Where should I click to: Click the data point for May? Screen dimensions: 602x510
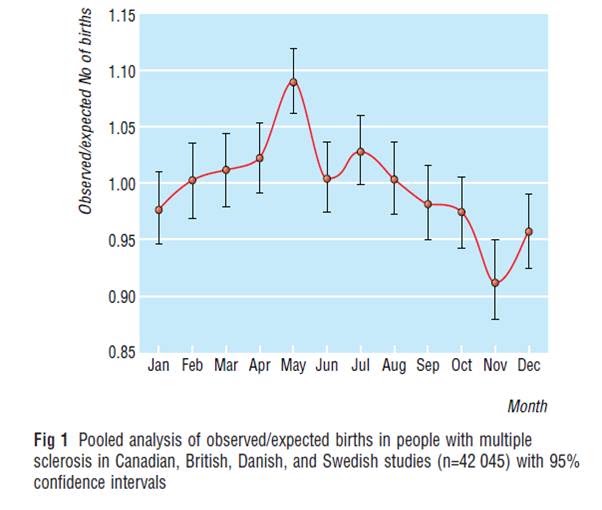293,82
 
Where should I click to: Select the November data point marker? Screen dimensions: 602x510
495,283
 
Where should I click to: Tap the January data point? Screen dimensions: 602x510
159,210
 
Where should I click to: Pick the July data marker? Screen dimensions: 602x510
361,152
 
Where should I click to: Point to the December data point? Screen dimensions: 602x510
529,232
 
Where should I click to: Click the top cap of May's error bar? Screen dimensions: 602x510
293,49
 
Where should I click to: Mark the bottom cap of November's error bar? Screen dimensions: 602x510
495,319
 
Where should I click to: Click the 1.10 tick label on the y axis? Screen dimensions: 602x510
122,71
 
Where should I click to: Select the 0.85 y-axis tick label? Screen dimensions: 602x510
122,352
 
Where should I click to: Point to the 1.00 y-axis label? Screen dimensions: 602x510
122,184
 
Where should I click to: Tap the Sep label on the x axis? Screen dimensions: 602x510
428,366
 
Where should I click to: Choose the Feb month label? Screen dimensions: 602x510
192,365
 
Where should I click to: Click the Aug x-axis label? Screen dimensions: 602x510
394,366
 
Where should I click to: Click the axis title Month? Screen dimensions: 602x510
527,406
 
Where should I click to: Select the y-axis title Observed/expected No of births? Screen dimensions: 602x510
86,111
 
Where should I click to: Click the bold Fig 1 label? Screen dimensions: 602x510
51,440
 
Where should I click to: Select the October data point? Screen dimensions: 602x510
461,212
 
